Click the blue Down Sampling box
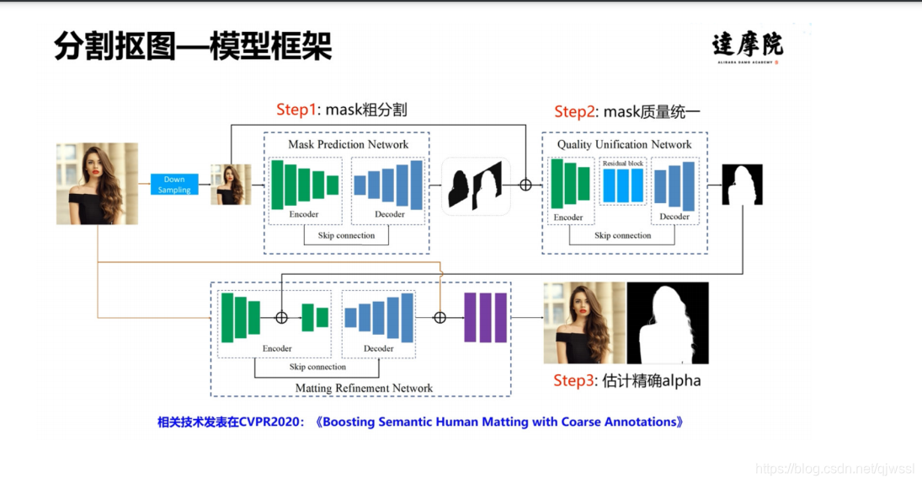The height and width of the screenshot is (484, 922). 175,185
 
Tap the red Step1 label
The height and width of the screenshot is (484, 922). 296,110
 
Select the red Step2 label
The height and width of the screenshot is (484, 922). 574,111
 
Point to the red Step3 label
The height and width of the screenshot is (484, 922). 573,380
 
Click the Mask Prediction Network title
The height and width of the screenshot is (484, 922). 348,144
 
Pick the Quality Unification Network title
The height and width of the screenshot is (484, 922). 624,144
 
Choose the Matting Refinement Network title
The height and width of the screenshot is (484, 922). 364,388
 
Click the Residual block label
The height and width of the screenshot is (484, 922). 623,164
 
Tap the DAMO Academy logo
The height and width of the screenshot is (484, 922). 747,46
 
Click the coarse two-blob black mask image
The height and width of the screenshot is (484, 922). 476,185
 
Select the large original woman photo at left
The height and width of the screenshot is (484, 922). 97,184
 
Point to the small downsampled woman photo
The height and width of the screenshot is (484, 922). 231,185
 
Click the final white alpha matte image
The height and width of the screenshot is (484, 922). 668,322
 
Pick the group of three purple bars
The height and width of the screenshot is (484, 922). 486,317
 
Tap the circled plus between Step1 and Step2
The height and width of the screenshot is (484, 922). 525,185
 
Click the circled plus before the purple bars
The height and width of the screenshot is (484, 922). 440,318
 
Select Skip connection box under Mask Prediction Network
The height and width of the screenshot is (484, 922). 346,235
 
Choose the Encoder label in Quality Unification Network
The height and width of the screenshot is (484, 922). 568,218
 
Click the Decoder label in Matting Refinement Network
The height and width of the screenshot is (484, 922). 379,348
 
